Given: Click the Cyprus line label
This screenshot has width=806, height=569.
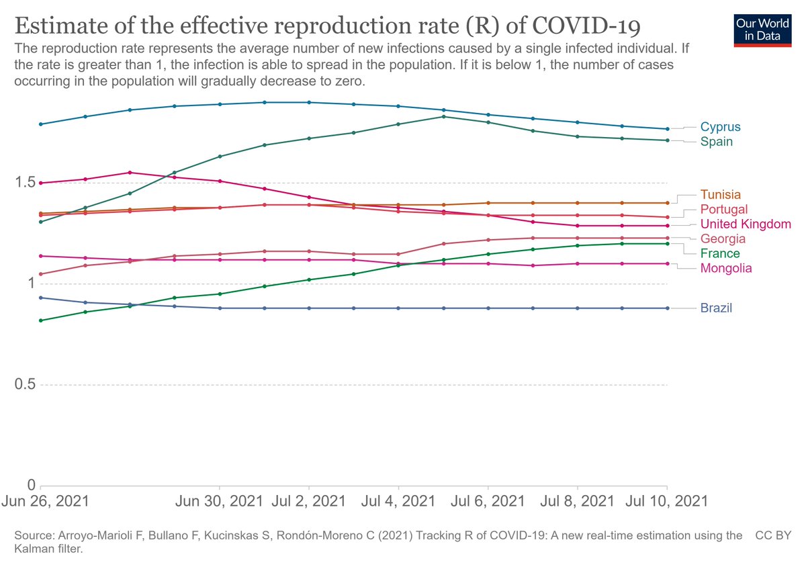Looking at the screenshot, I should click(720, 127).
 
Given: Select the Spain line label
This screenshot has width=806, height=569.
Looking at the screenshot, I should click(716, 142).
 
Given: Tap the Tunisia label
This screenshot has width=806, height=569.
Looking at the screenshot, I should click(721, 195).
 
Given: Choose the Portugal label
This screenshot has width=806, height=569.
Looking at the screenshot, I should click(723, 210).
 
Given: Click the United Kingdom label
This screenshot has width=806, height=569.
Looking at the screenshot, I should click(746, 224).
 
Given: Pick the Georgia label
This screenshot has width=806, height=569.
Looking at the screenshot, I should click(723, 239).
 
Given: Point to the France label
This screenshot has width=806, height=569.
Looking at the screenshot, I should click(720, 254).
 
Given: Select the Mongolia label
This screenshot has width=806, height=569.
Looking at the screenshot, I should click(725, 269).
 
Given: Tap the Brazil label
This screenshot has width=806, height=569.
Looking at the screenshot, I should click(716, 308).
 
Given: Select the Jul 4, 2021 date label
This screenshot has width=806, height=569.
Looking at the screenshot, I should click(399, 501).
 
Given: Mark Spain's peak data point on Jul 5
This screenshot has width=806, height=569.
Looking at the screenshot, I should click(443, 116).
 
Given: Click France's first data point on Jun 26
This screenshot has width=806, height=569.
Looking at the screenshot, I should click(41, 320).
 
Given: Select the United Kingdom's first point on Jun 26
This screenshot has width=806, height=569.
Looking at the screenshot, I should click(41, 183).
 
